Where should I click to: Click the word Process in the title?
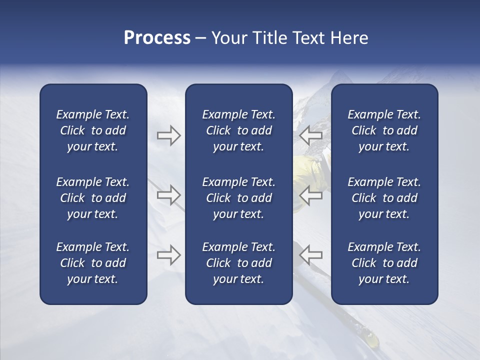tap(157, 38)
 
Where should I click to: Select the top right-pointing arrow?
tap(168, 135)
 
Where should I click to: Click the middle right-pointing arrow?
tap(168, 195)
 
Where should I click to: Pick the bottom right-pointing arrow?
tap(168, 255)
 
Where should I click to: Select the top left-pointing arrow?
tap(310, 135)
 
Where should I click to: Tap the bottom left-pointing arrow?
tap(310, 255)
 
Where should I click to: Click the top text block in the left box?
tap(93, 130)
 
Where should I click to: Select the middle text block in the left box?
tap(93, 198)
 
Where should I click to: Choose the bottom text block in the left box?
tap(93, 263)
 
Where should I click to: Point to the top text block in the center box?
tap(238, 130)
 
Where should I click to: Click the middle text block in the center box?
tap(238, 198)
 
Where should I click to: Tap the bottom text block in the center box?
tap(238, 263)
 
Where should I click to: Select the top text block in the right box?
tap(384, 130)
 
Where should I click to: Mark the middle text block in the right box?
tap(384, 198)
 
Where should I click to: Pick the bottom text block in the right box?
tap(384, 263)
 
